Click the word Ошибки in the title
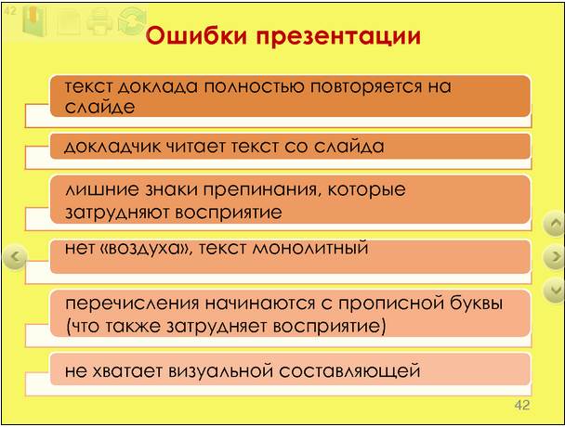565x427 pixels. (196, 35)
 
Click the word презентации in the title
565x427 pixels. (338, 37)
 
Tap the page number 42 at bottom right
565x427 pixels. (522, 405)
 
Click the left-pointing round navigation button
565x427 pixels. (15, 257)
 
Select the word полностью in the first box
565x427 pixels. (255, 86)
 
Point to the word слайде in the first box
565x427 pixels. (99, 108)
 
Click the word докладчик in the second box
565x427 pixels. (112, 147)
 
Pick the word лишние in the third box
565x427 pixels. (101, 189)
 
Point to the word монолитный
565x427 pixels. (309, 249)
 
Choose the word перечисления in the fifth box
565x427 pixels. (132, 304)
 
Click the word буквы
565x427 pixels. (476, 303)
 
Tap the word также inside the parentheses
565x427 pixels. (133, 327)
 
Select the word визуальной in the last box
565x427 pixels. (220, 371)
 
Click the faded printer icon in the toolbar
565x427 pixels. (99, 20)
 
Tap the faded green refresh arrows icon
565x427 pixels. (132, 20)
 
